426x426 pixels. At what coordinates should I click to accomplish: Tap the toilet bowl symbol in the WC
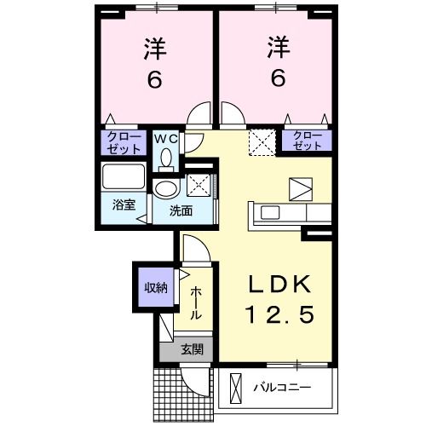tap(165, 157)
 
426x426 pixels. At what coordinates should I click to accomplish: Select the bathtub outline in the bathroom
tap(124, 179)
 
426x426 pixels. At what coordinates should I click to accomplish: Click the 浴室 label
tap(124, 204)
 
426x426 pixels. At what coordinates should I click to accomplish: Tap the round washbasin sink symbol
tap(165, 188)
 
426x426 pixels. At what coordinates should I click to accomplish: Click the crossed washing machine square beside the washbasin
tap(198, 184)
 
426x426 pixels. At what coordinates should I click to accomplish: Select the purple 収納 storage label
tap(154, 287)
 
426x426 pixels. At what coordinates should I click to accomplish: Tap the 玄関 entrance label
tap(191, 348)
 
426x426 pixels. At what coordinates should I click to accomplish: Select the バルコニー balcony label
tap(282, 389)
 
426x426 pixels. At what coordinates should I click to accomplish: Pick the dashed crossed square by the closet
tap(260, 141)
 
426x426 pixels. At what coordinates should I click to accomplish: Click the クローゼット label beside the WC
tap(123, 141)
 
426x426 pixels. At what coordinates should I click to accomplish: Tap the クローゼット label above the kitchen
tap(308, 141)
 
